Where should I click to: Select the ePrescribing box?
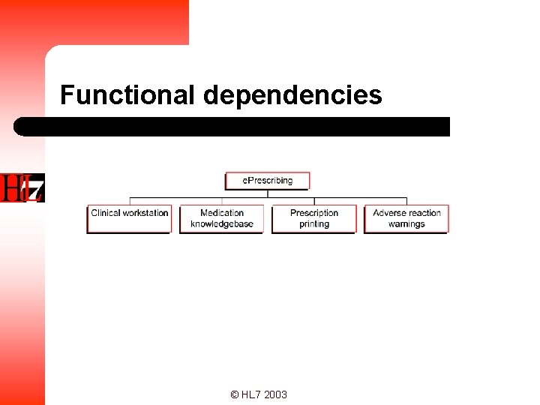tap(267, 181)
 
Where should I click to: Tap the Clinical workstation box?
tap(129, 218)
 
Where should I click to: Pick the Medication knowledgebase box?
tap(222, 218)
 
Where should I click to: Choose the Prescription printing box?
tap(314, 218)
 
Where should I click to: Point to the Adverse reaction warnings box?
tap(406, 218)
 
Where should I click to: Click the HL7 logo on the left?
tap(22, 187)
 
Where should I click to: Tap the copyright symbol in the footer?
tap(235, 394)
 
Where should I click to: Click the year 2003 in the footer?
tap(275, 394)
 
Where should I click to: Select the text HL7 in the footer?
tap(250, 394)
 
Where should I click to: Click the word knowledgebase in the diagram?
tap(222, 223)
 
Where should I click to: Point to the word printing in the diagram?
tap(314, 223)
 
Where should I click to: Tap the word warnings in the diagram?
tap(406, 223)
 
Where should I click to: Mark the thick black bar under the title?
tap(232, 126)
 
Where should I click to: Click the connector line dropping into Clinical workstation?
tap(130, 201)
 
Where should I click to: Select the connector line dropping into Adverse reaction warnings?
tap(406, 201)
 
